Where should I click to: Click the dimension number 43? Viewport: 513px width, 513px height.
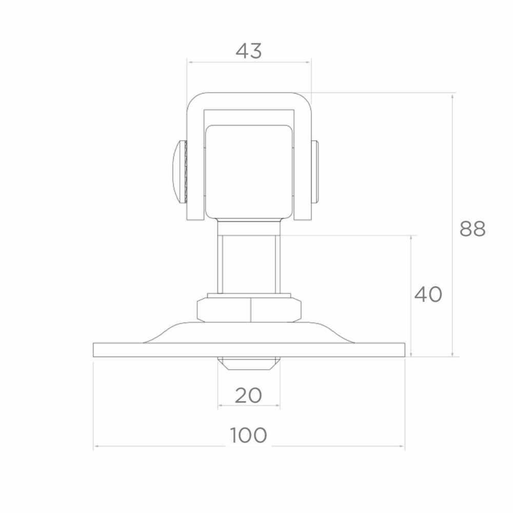tap(249, 51)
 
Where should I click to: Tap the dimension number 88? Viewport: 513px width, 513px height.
tap(472, 229)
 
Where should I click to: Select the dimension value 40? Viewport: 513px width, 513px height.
tap(428, 294)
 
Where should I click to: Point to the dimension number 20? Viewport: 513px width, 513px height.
tap(248, 396)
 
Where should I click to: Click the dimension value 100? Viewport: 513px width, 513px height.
tap(249, 436)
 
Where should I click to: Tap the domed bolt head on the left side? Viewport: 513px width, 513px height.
tap(180, 172)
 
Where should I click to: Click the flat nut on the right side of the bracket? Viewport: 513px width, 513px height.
tap(315, 172)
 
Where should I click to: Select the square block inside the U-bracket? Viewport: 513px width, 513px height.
tap(249, 172)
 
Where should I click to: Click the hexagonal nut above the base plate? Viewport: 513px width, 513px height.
tap(249, 309)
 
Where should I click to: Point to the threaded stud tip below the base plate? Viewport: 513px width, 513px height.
tap(249, 363)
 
